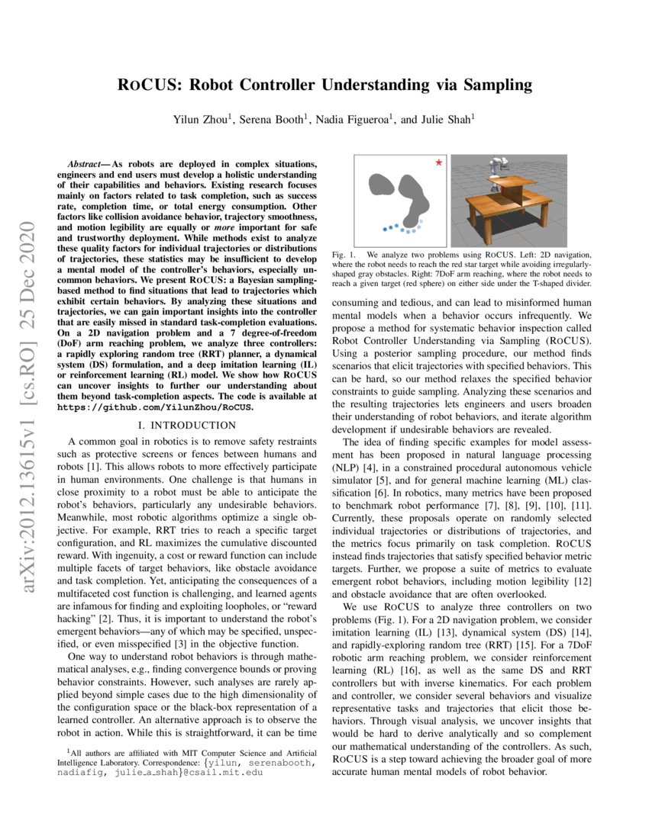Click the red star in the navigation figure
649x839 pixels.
[x=438, y=162]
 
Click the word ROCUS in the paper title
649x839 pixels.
[x=149, y=84]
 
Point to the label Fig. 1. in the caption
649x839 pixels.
[x=343, y=253]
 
